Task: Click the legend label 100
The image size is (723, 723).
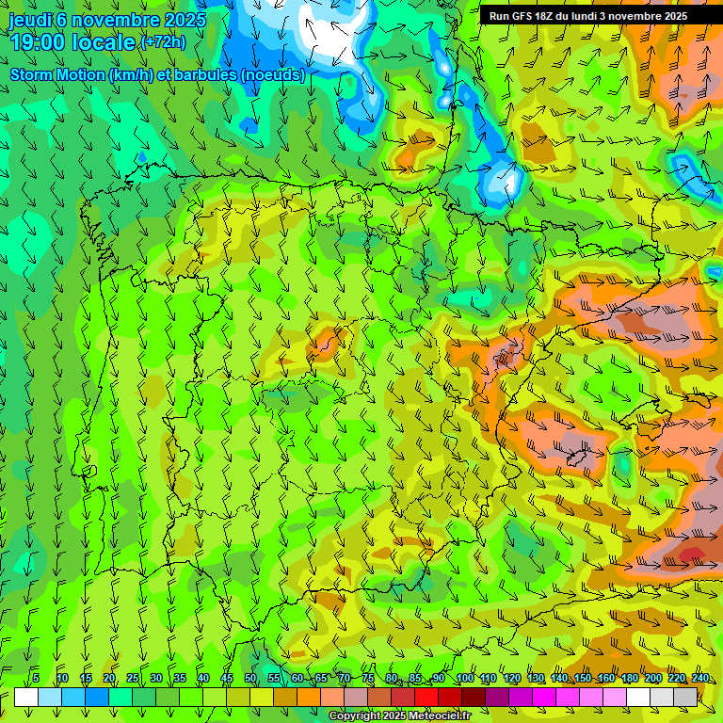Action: [x=465, y=679]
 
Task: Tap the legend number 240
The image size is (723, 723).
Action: [x=700, y=679]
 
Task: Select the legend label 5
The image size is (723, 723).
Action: [x=36, y=679]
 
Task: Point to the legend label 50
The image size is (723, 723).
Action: [x=250, y=679]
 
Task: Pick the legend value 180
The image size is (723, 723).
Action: [x=630, y=679]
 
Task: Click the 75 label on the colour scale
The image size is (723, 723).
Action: [x=368, y=679]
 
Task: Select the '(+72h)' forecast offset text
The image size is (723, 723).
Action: [x=163, y=42]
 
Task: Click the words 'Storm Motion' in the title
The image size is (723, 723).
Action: [x=55, y=75]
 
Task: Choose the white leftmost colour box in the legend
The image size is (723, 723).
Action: [x=26, y=697]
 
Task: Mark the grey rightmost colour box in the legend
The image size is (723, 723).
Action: [x=685, y=697]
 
